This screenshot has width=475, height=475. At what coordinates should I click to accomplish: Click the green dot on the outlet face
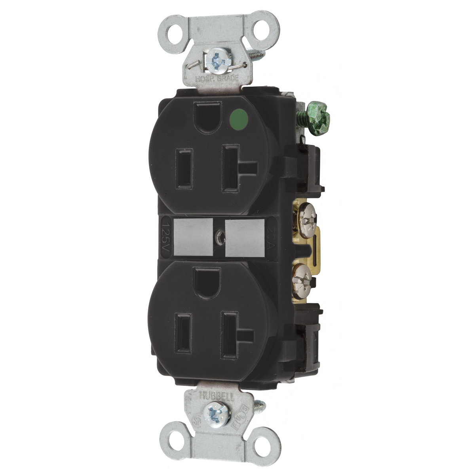tap(236, 118)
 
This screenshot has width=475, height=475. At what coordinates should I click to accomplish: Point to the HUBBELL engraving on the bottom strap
tap(213, 394)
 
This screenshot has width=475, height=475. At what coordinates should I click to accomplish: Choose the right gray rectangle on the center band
tap(244, 237)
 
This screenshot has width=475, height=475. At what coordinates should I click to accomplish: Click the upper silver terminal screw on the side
tap(303, 214)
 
